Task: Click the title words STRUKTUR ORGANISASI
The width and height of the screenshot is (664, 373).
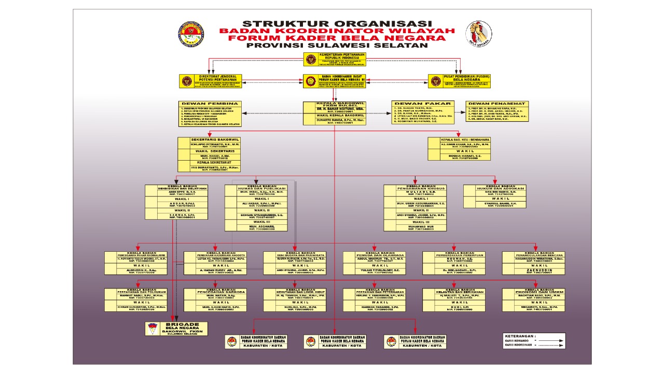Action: (x=337, y=24)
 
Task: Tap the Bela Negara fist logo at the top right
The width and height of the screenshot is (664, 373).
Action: (x=478, y=34)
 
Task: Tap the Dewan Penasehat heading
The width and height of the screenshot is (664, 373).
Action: (x=497, y=103)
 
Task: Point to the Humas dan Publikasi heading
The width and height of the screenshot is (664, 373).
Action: (x=255, y=188)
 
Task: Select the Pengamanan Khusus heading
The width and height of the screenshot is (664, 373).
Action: (x=415, y=188)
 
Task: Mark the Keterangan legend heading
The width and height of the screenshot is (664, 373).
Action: (x=520, y=336)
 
